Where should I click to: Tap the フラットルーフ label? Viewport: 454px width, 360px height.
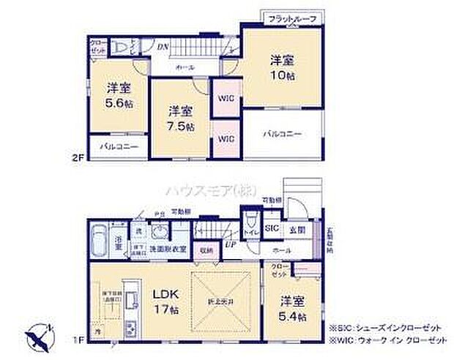coord(291,18)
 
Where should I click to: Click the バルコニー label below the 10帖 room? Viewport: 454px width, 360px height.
coord(283,134)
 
